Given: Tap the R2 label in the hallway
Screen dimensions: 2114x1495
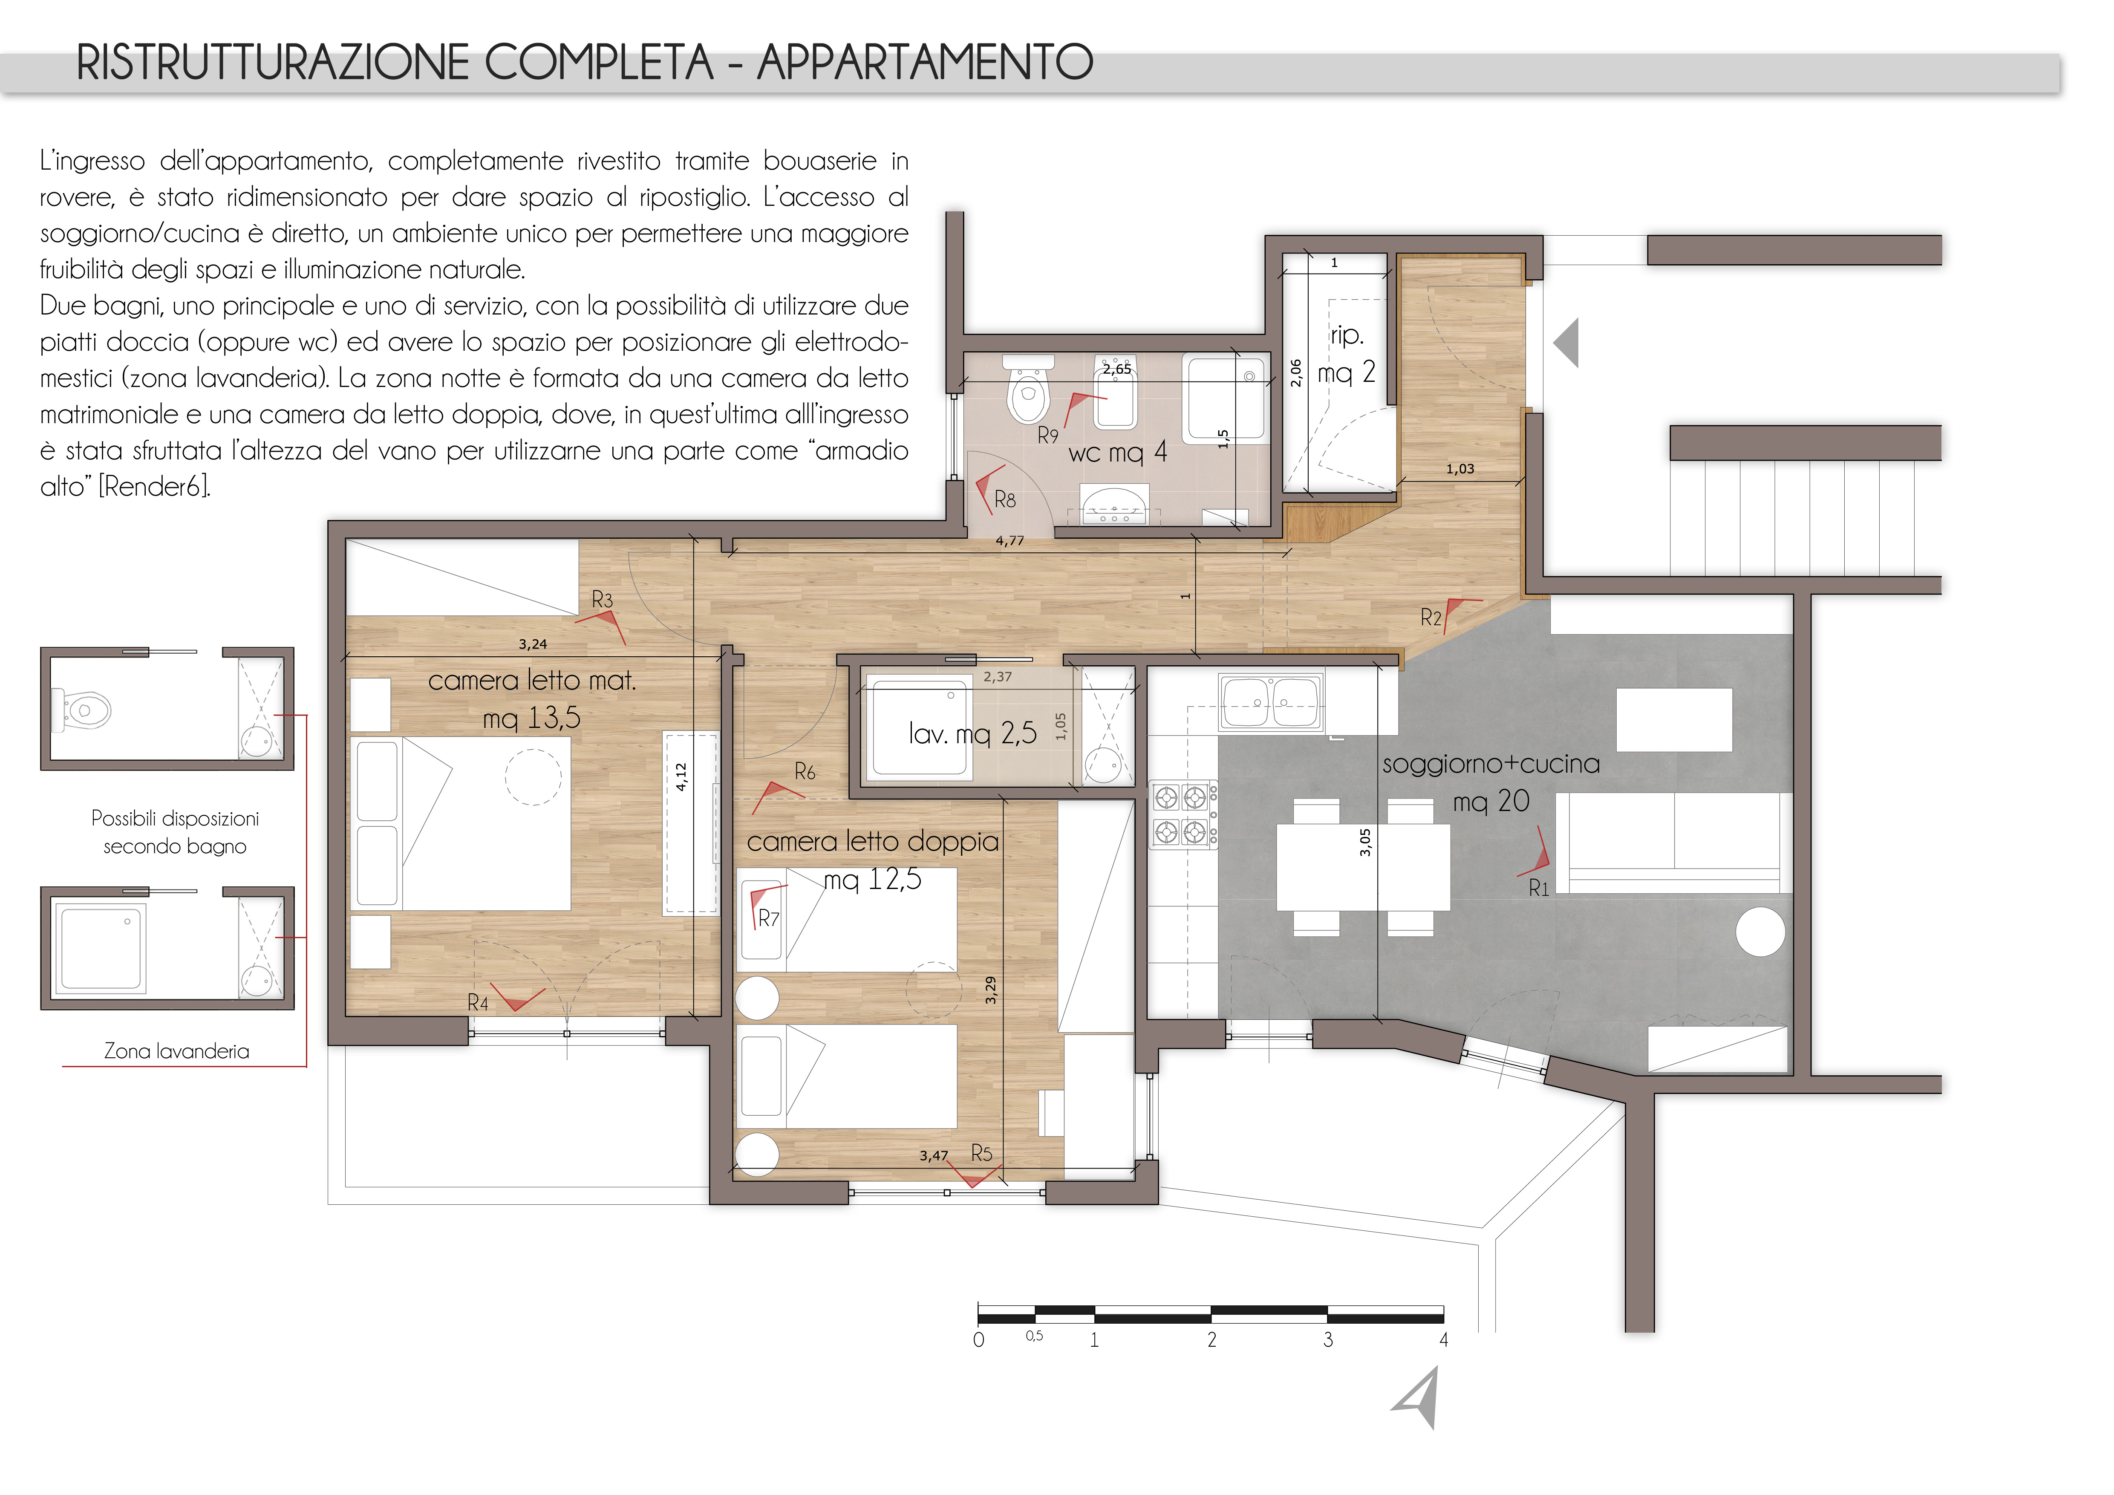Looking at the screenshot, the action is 1431,618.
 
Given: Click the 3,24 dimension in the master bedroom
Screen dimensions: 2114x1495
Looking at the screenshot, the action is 532,644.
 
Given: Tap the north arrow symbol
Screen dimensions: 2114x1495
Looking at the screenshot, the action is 1418,1397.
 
